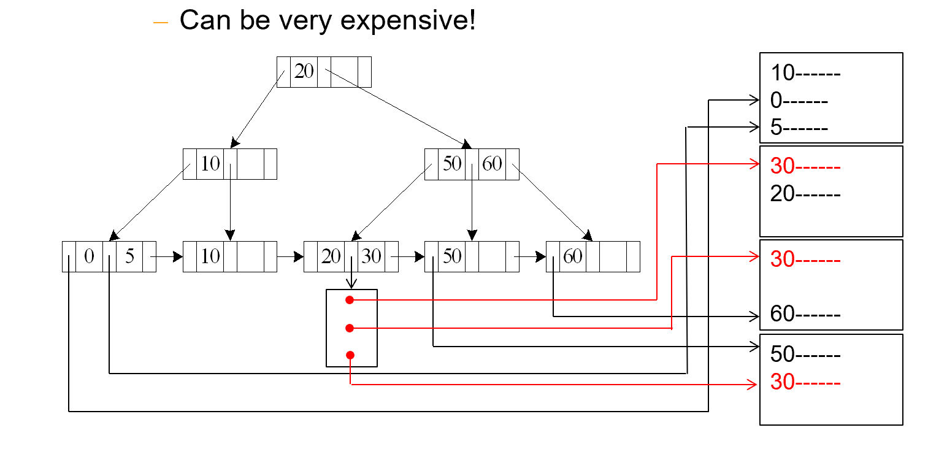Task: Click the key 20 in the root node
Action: (x=304, y=72)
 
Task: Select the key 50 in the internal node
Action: (x=452, y=164)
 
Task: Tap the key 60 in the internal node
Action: (x=493, y=164)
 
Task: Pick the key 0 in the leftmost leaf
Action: (x=89, y=256)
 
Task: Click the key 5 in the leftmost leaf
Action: (x=129, y=256)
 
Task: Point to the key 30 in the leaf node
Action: (x=371, y=256)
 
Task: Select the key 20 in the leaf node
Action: (x=331, y=256)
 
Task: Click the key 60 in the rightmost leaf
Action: (x=572, y=256)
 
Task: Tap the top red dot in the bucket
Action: (x=350, y=300)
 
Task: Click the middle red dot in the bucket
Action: (x=350, y=328)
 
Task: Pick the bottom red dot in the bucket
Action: (x=350, y=355)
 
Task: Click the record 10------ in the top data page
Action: (x=805, y=73)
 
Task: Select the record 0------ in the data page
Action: (x=799, y=101)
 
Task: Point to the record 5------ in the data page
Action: (x=799, y=128)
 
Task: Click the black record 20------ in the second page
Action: (x=805, y=193)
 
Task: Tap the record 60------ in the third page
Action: (x=805, y=315)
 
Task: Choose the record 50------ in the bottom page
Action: (x=805, y=354)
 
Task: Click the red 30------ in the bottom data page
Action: (x=805, y=383)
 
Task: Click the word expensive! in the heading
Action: (x=407, y=21)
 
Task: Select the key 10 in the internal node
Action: (x=210, y=164)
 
